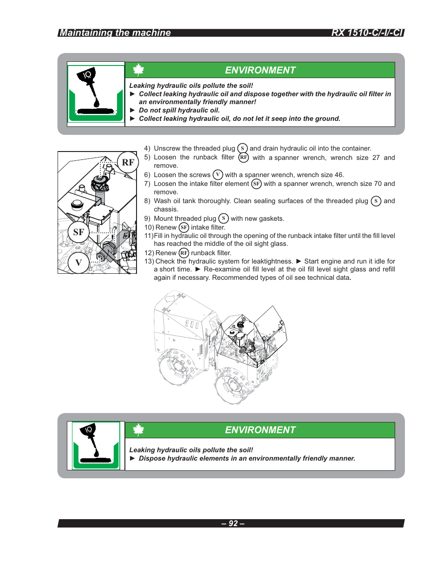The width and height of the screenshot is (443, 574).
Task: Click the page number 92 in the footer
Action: (x=233, y=523)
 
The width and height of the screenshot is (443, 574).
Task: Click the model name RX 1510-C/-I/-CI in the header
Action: (x=367, y=33)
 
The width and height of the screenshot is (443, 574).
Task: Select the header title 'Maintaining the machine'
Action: (x=115, y=33)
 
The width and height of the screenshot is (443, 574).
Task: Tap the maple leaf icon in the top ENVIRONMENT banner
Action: (x=138, y=70)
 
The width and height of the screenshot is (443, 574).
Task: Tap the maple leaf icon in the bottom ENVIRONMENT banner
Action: (x=138, y=430)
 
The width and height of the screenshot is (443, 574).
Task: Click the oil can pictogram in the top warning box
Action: (x=96, y=93)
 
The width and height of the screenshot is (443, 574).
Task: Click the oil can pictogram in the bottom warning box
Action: (x=96, y=446)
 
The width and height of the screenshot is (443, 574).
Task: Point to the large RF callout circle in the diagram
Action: (x=128, y=162)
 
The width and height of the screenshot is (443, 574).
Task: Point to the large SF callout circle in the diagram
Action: (x=78, y=232)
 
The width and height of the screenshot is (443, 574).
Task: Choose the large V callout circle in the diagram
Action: (x=78, y=263)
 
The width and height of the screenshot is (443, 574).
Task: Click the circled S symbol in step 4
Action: (x=242, y=148)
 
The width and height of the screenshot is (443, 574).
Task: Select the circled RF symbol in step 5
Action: (x=244, y=158)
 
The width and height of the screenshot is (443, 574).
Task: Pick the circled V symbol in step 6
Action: (x=218, y=175)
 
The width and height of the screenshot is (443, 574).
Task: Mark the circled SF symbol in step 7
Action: (x=256, y=184)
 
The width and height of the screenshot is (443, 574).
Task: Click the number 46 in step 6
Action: (x=339, y=175)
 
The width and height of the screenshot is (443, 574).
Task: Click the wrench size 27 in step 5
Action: (x=376, y=158)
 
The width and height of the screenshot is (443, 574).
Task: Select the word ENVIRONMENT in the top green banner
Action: (x=260, y=70)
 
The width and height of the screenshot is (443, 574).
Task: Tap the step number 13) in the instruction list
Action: (x=149, y=261)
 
